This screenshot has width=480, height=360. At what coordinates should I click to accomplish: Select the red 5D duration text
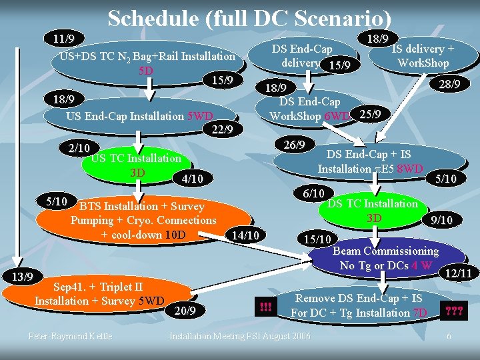pyautogui.click(x=145, y=70)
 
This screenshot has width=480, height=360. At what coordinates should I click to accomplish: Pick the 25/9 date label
pyautogui.click(x=370, y=114)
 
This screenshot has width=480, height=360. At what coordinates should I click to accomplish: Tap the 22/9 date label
pyautogui.click(x=221, y=130)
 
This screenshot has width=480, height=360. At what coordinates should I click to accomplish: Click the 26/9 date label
pyautogui.click(x=294, y=145)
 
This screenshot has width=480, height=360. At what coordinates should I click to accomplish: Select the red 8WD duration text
pyautogui.click(x=410, y=169)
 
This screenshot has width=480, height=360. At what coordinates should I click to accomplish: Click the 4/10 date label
pyautogui.click(x=192, y=179)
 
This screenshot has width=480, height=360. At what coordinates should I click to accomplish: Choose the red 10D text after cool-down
pyautogui.click(x=175, y=235)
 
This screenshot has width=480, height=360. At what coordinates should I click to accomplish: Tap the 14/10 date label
pyautogui.click(x=245, y=235)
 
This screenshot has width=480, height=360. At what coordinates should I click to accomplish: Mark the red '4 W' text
pyautogui.click(x=423, y=265)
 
